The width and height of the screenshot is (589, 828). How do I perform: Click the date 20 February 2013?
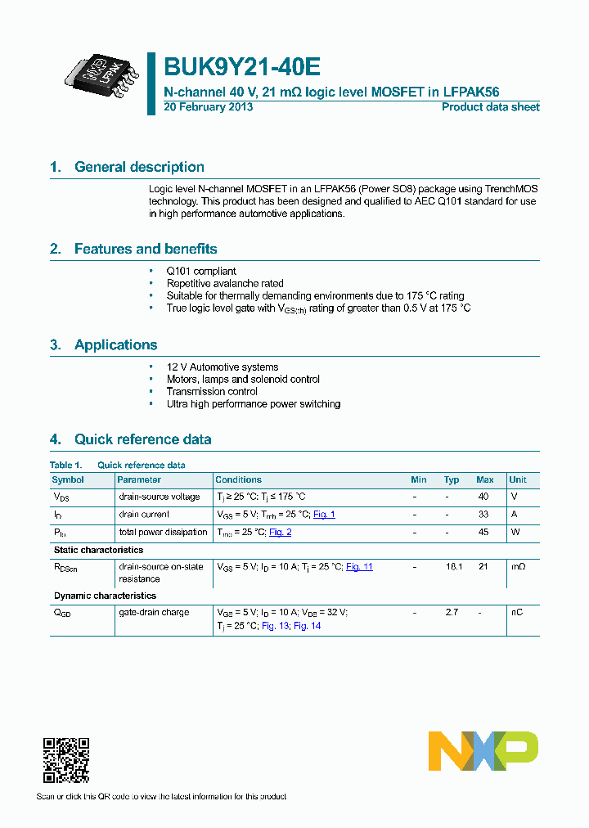(x=209, y=107)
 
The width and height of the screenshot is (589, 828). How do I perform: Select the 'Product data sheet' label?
(x=490, y=107)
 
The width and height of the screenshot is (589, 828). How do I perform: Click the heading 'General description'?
(x=139, y=167)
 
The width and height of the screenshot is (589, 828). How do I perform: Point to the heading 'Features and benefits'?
(x=146, y=249)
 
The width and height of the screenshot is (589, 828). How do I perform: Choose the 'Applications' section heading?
(x=115, y=344)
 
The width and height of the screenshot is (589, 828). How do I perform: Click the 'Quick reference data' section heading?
(x=142, y=439)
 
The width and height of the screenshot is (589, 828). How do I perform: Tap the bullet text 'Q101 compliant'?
(x=201, y=272)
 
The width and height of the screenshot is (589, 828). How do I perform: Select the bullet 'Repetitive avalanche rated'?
(x=225, y=284)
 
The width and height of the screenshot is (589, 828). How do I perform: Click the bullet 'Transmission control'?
(x=212, y=392)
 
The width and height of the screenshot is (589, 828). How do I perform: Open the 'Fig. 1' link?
(x=324, y=515)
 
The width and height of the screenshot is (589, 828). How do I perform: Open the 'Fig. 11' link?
(x=359, y=566)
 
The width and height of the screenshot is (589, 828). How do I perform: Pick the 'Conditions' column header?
(x=238, y=479)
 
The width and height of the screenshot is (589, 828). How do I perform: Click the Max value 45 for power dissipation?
(x=484, y=532)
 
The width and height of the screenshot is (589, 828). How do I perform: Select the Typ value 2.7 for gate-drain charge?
(x=451, y=612)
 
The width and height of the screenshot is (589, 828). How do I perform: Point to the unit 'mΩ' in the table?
(x=517, y=566)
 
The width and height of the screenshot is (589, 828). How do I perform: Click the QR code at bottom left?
(x=65, y=761)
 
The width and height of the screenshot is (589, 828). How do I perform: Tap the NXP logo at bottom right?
(x=483, y=750)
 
